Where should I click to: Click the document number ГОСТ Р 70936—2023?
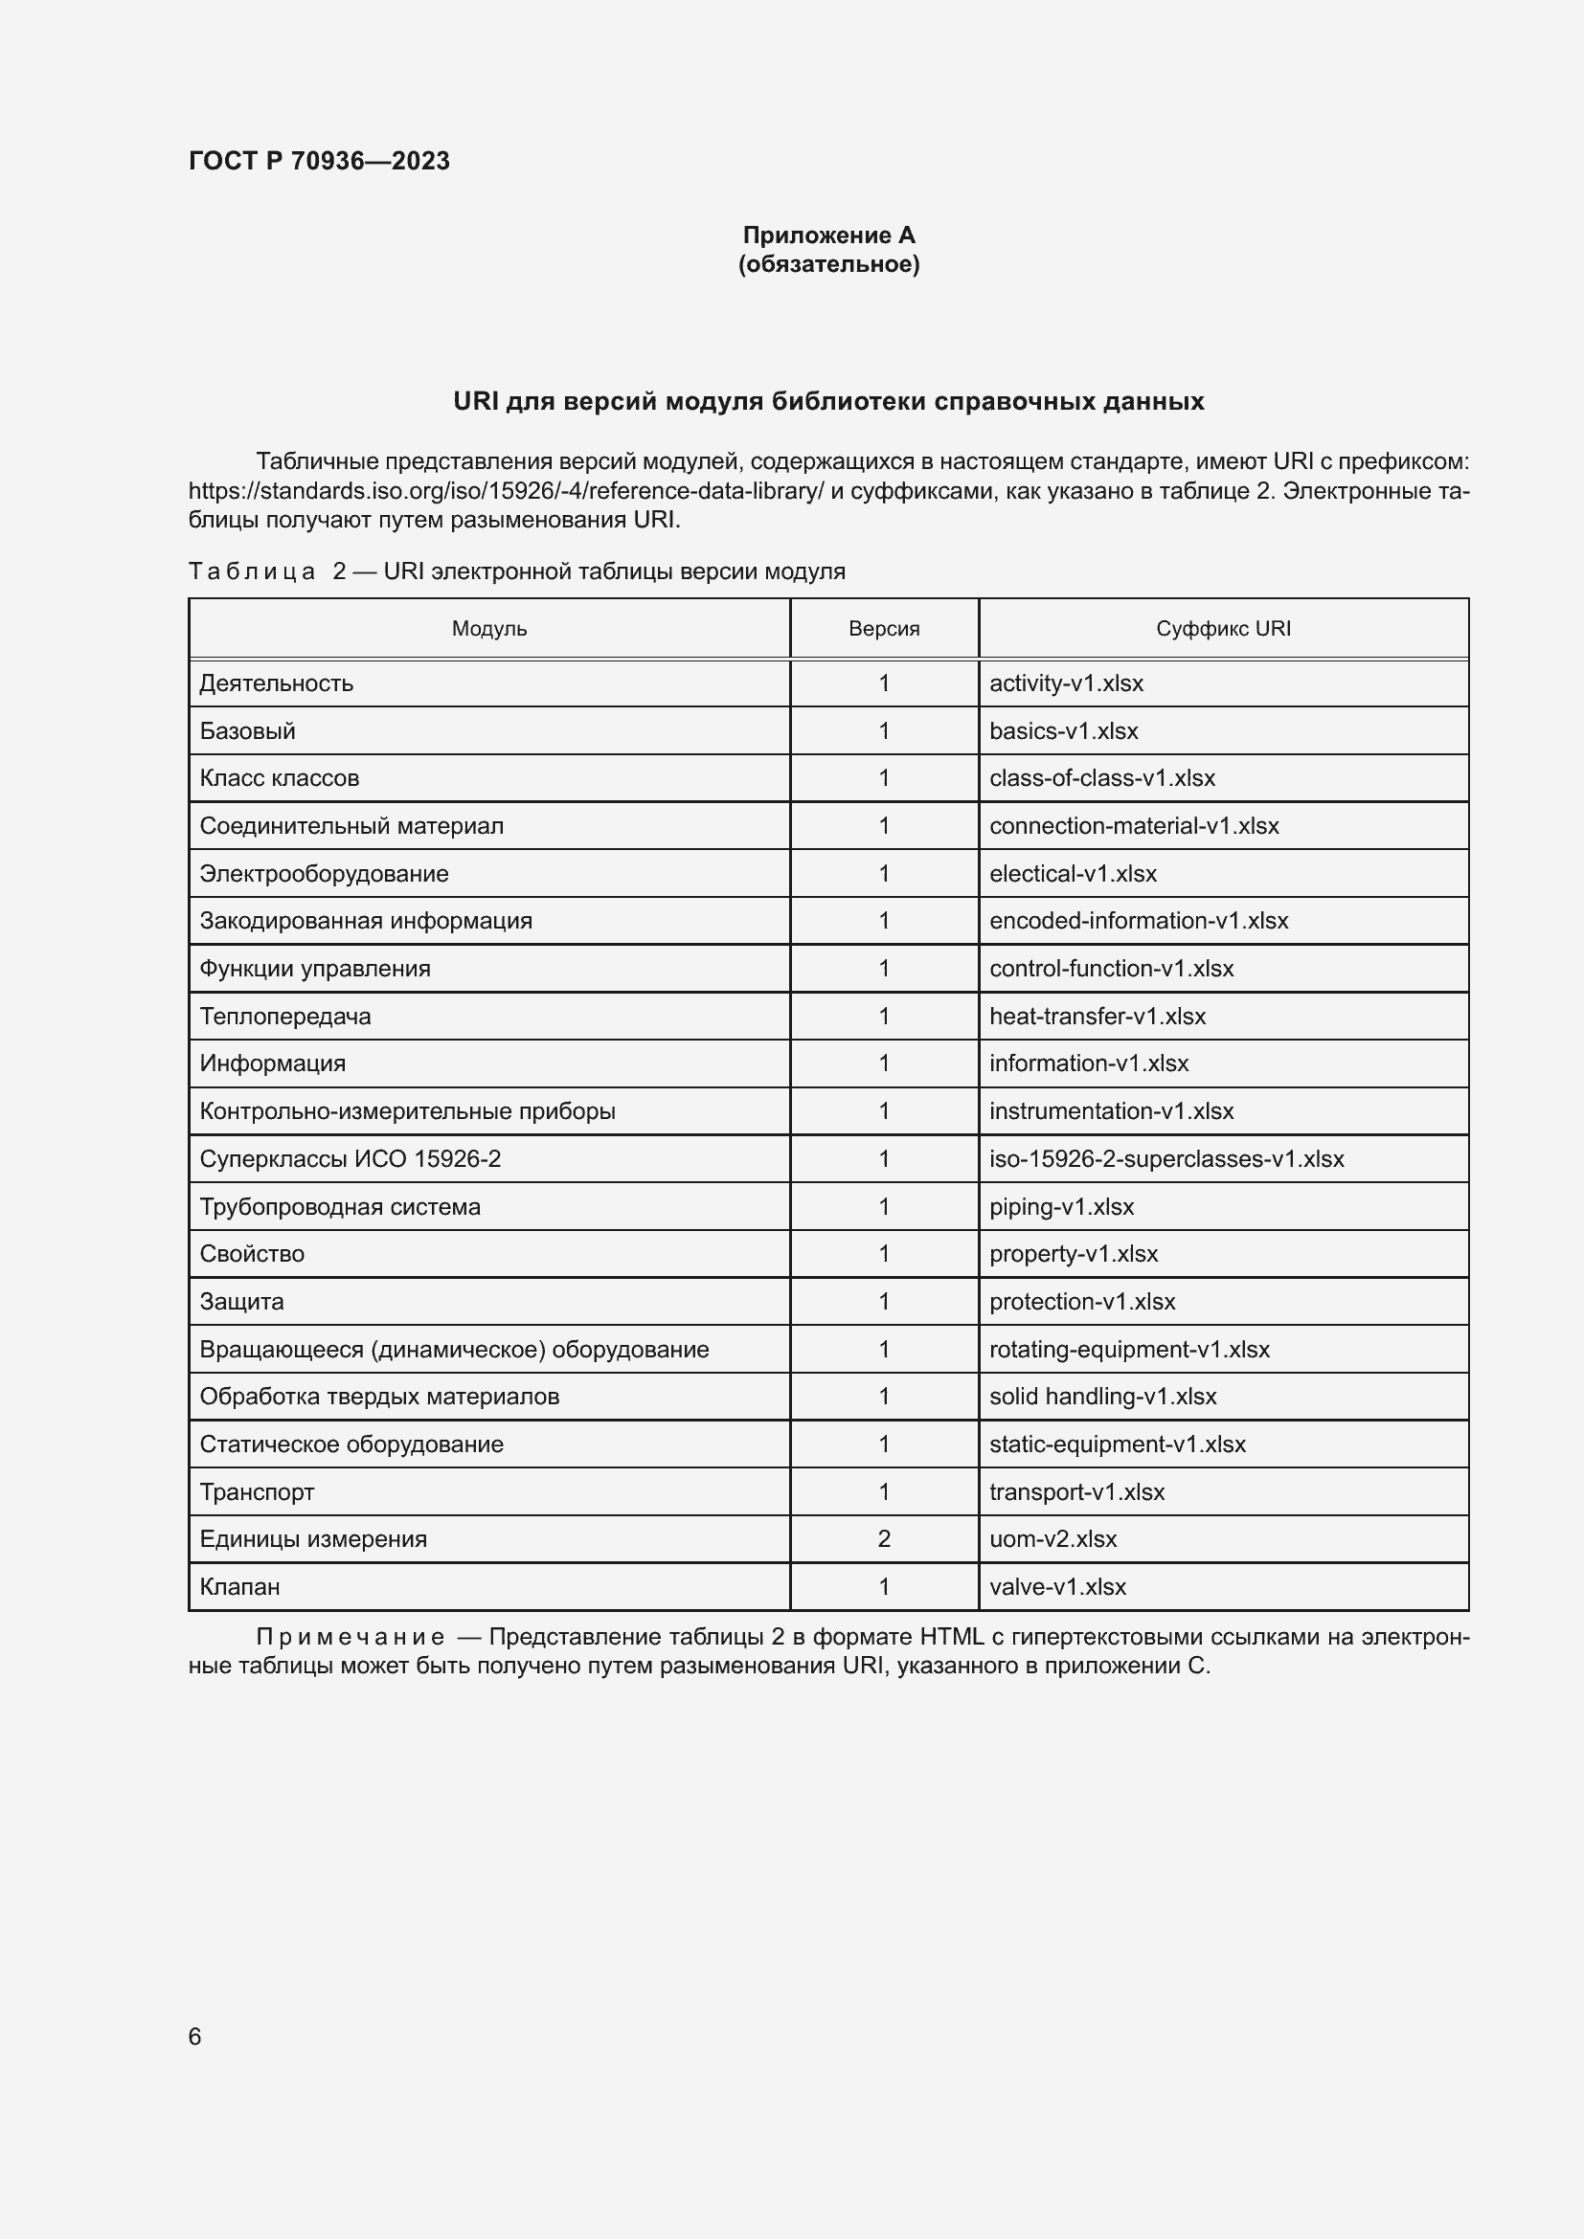pos(319,161)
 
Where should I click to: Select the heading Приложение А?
pos(828,235)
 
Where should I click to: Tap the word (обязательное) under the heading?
pos(828,264)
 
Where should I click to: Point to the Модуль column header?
pos(488,629)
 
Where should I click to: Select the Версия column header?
pos(884,629)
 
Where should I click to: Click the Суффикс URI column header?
pos(1223,629)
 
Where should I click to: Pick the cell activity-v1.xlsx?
pos(1066,683)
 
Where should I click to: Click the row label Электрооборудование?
pos(324,874)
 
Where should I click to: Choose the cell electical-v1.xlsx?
pos(1073,874)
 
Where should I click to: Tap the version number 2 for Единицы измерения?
pos(884,1539)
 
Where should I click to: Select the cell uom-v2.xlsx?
pos(1053,1539)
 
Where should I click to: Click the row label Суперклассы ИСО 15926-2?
pos(351,1158)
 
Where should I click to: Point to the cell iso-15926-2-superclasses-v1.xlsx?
pos(1166,1158)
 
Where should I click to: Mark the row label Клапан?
pos(240,1586)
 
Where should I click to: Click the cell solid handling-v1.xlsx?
pos(1103,1397)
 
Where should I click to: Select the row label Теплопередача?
pos(284,1017)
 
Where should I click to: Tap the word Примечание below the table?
pos(351,1637)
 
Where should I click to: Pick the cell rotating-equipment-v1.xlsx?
pos(1129,1350)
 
